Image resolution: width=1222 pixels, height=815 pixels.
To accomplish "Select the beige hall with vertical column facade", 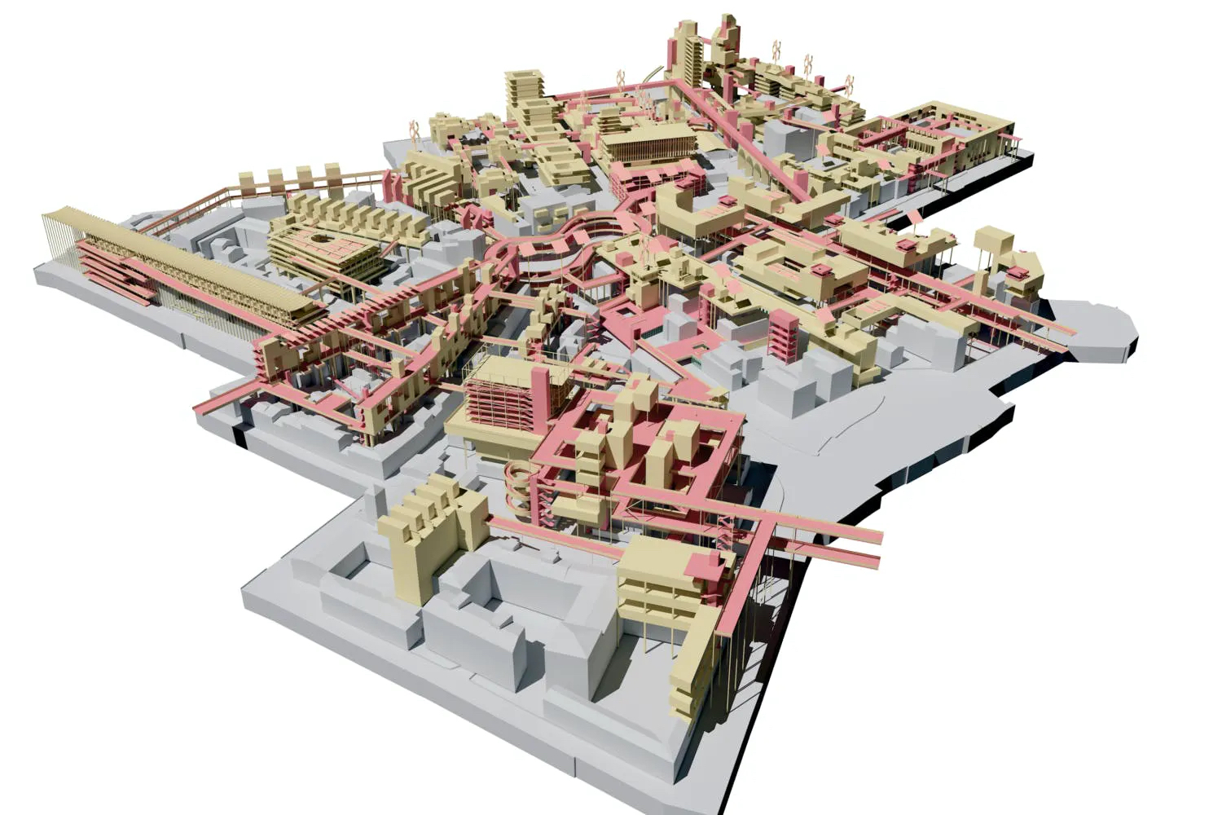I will (648, 147).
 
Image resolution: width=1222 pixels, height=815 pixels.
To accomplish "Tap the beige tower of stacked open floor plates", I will (526, 94).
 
